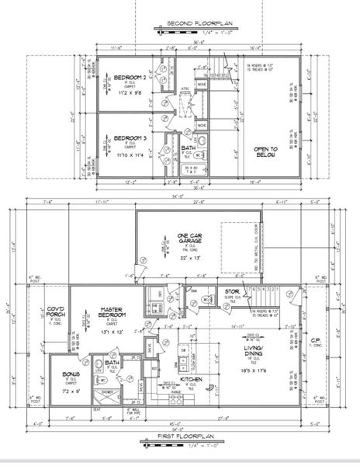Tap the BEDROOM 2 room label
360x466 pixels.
[x=129, y=78]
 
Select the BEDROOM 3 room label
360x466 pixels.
[x=129, y=138]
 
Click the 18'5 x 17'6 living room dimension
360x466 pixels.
[x=258, y=371]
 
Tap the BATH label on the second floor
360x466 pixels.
[x=189, y=148]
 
